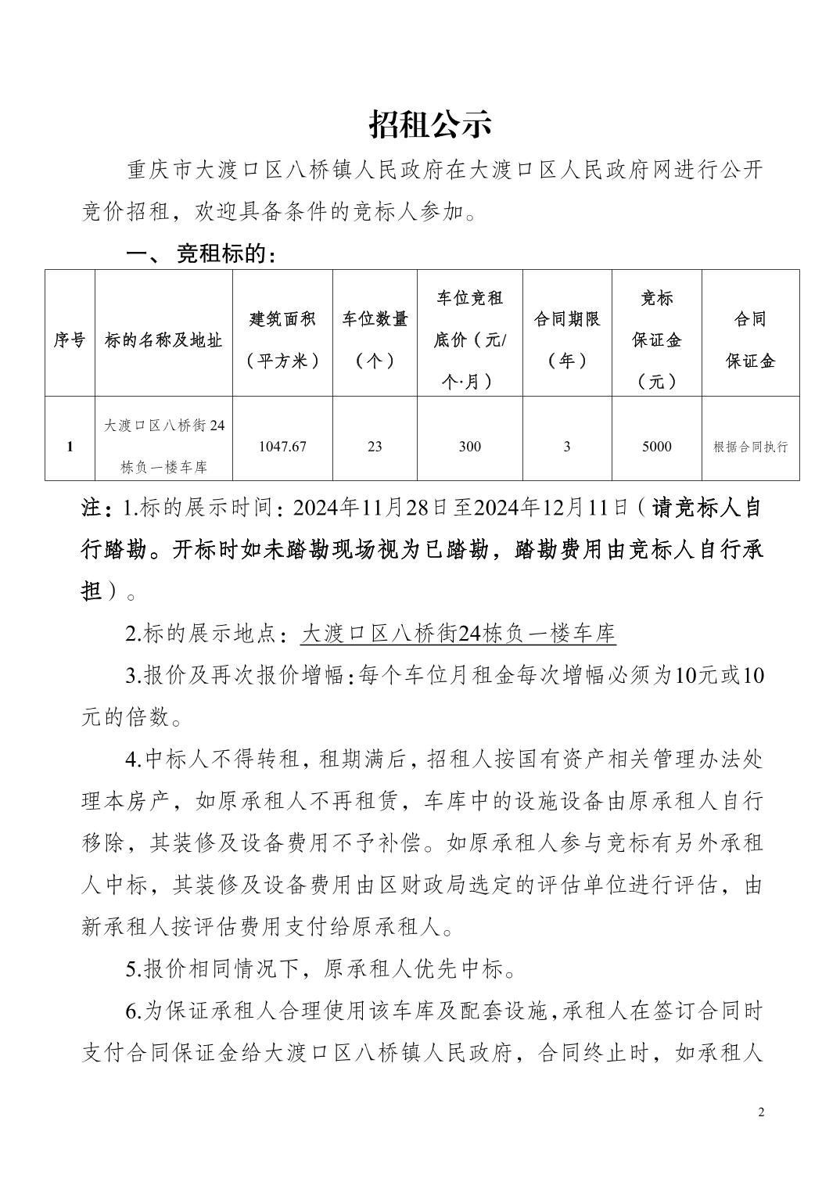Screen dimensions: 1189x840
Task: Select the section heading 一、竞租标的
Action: (x=201, y=254)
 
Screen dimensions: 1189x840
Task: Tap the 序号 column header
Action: (x=70, y=339)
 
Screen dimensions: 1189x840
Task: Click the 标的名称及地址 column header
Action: (x=163, y=339)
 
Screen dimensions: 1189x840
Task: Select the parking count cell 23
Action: (x=375, y=447)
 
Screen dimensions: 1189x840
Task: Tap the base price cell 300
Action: (x=469, y=447)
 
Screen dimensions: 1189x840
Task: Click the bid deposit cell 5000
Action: (x=656, y=447)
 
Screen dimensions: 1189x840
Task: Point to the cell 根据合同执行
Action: (x=750, y=447)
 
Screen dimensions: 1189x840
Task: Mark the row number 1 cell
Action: (x=70, y=447)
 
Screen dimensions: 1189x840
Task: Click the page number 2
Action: (x=761, y=1112)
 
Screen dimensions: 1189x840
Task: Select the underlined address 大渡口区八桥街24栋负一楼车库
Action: (x=458, y=634)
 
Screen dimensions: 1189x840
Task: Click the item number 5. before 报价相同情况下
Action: (x=133, y=969)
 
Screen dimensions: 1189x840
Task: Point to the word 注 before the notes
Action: (x=92, y=508)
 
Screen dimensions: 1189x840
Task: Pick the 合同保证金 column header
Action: (x=750, y=339)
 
